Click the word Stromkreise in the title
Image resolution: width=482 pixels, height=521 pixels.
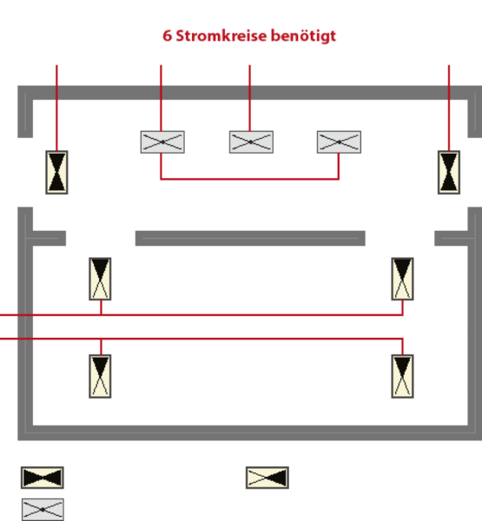(x=221, y=36)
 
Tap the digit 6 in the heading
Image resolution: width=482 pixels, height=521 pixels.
(x=168, y=36)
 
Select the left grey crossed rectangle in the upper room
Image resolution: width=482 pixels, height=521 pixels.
(x=162, y=142)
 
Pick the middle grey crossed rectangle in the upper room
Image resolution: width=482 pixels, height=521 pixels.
(x=251, y=142)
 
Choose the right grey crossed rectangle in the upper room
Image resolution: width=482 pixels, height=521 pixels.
(x=339, y=142)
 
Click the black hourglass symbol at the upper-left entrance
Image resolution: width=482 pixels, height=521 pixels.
(x=56, y=172)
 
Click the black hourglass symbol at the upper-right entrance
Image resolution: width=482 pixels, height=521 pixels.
(x=449, y=172)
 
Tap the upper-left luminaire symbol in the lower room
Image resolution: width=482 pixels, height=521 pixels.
(x=100, y=279)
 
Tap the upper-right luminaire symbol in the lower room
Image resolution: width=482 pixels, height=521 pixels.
(x=403, y=279)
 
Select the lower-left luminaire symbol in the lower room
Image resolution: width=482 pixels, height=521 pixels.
(x=100, y=376)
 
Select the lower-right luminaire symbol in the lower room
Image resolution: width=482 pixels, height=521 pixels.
(x=403, y=376)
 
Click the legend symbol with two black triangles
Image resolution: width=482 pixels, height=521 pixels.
(x=43, y=478)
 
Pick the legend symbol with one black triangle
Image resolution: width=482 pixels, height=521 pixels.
(x=267, y=478)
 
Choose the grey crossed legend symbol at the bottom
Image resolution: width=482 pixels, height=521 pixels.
(x=43, y=510)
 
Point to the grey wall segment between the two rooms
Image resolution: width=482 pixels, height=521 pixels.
(x=250, y=238)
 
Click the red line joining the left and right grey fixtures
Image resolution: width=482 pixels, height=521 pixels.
(x=249, y=179)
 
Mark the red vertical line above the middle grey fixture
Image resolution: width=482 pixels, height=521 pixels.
(x=250, y=97)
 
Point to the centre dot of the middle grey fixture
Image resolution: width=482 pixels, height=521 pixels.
(x=251, y=142)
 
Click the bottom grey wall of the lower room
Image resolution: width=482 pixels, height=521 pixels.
(x=249, y=432)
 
